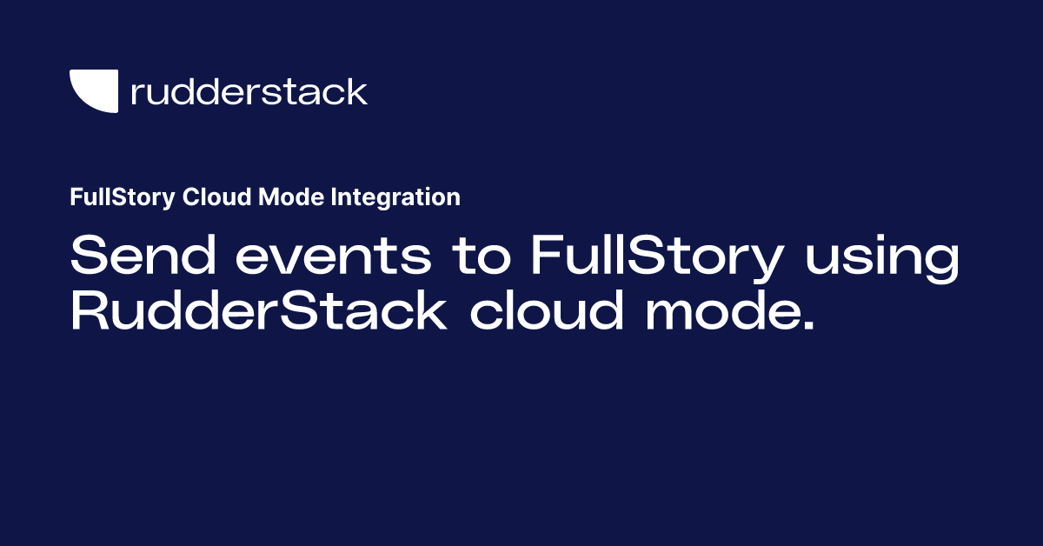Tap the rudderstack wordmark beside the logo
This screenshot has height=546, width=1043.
(249, 91)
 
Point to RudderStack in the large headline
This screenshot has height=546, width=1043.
(258, 310)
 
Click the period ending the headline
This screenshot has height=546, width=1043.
(808, 328)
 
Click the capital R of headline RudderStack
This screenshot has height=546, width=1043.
(90, 310)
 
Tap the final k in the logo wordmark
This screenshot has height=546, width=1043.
(357, 90)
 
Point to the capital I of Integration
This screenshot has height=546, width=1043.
(335, 198)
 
